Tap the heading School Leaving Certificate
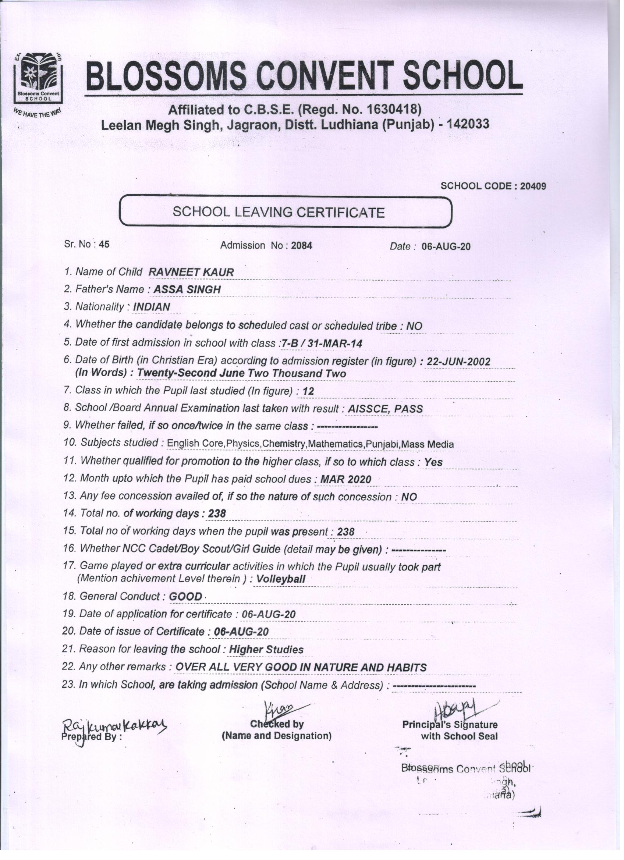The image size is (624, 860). [279, 212]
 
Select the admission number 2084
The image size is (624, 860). [302, 246]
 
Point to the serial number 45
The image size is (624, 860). [104, 245]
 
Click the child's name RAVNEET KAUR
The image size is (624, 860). [191, 272]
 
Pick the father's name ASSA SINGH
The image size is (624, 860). [187, 289]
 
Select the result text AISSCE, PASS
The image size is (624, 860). [385, 409]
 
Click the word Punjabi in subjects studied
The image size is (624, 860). [383, 444]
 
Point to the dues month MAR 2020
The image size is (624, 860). [346, 480]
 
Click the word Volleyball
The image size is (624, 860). [281, 579]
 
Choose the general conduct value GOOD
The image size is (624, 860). [185, 597]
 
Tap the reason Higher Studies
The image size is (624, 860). [266, 650]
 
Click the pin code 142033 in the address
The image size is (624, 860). [468, 124]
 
